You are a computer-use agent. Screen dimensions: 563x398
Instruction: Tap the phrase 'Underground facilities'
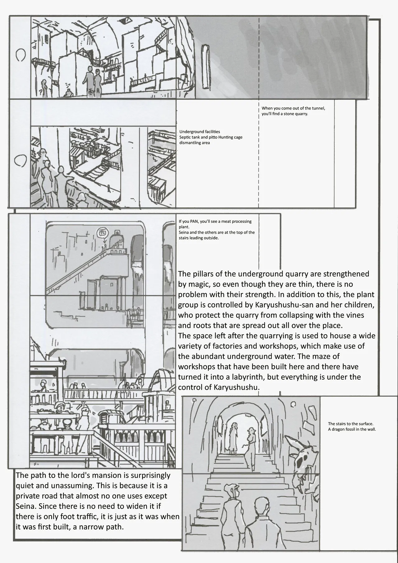pos(199,132)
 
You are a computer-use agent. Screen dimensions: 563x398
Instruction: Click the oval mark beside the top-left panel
pos(20,55)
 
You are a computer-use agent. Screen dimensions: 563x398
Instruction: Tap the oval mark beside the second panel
pos(20,160)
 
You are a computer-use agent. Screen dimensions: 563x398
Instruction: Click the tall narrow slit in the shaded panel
pos(205,67)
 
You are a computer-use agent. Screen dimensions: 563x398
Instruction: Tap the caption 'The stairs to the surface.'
pos(350,424)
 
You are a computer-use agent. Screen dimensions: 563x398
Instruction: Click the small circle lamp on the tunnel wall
pos(293,404)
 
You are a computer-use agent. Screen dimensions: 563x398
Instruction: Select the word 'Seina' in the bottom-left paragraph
pos(25,506)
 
